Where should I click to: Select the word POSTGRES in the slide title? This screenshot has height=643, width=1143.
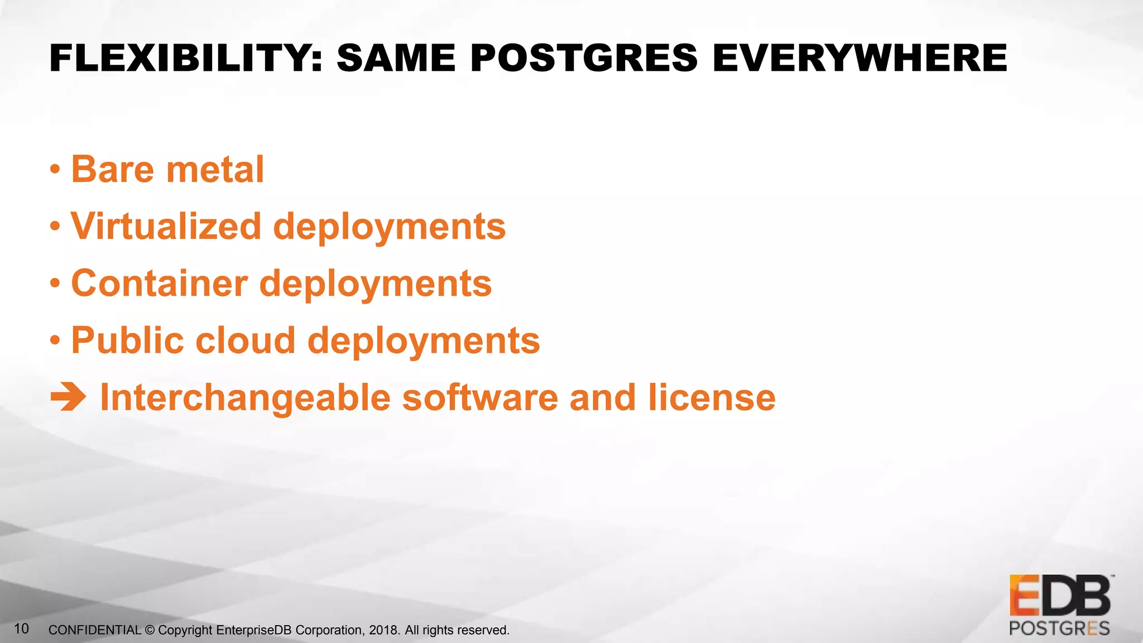click(584, 58)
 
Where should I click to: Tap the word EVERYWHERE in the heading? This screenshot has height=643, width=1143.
click(859, 58)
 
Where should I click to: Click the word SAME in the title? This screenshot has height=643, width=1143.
click(396, 58)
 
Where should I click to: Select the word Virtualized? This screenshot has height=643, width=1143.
click(166, 227)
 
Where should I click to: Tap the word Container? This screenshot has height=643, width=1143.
click(160, 284)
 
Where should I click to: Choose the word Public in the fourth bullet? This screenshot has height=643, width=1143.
click(127, 340)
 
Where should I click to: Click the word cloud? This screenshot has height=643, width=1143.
click(246, 340)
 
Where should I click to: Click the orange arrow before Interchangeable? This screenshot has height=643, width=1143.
click(68, 397)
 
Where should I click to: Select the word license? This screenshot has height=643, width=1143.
click(712, 397)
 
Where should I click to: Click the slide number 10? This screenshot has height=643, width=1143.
click(21, 628)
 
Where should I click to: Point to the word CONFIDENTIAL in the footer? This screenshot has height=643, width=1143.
click(95, 630)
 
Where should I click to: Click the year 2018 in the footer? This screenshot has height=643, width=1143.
click(383, 630)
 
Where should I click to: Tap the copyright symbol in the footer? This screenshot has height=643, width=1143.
click(150, 630)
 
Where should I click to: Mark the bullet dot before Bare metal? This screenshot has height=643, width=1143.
click(55, 170)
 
